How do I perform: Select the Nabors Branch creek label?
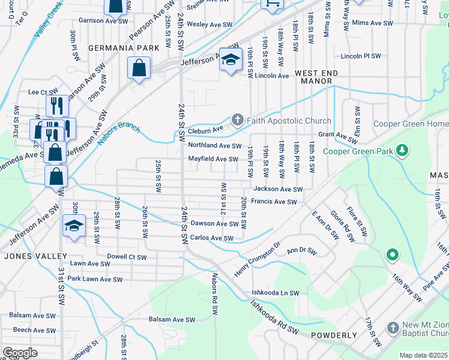tap(120, 131)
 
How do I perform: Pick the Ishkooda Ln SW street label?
tap(276, 292)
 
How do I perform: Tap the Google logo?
tap(20, 352)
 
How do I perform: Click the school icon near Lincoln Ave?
tap(230, 59)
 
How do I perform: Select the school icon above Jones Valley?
tap(74, 226)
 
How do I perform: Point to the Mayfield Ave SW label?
tap(213, 159)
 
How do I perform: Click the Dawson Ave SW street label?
tap(214, 223)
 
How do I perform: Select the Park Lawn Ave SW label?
tap(95, 279)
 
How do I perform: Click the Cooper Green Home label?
tap(411, 124)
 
